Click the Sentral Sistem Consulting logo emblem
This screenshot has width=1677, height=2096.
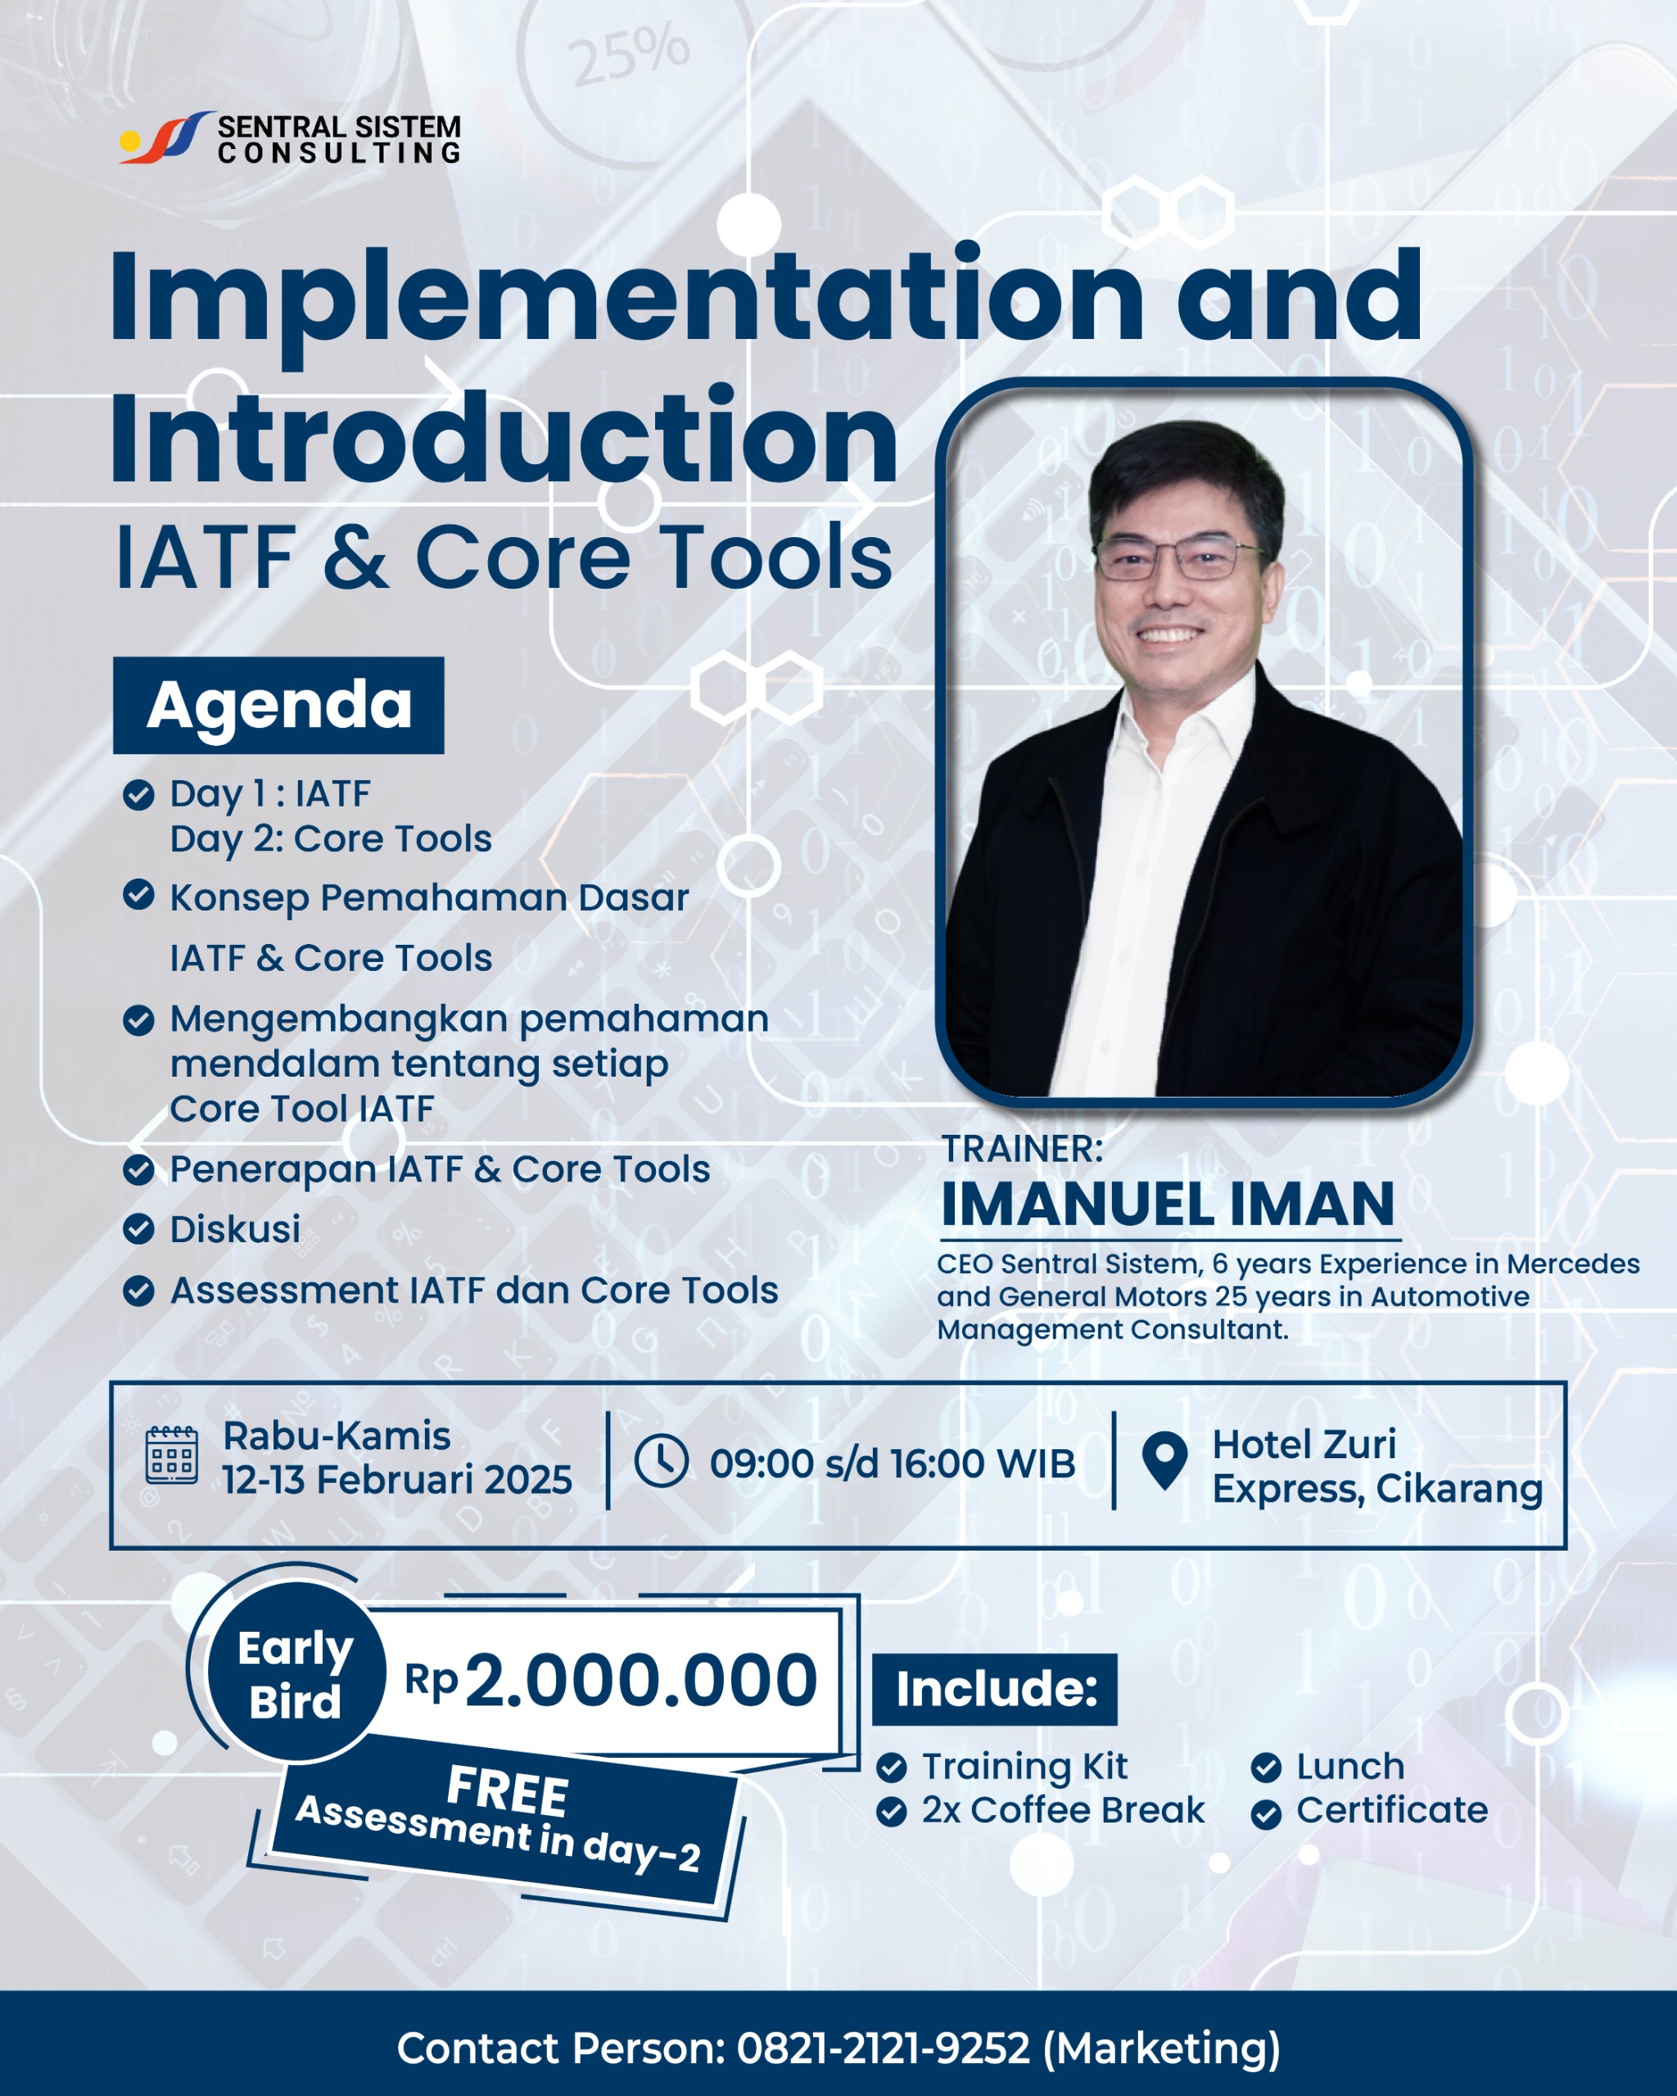(x=165, y=137)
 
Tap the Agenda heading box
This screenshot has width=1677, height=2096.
(x=278, y=705)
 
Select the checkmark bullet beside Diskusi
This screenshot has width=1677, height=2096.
(x=138, y=1229)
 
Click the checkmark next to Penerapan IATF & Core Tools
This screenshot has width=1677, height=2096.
(x=138, y=1169)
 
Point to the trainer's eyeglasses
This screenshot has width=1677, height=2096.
(x=1178, y=558)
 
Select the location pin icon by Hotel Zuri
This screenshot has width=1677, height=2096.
(x=1164, y=1460)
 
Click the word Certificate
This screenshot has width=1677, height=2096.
(x=1391, y=1810)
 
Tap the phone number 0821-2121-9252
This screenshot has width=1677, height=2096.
(x=883, y=2048)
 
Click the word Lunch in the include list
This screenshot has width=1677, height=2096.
(x=1350, y=1766)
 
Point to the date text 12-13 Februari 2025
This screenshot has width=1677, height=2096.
(x=396, y=1479)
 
